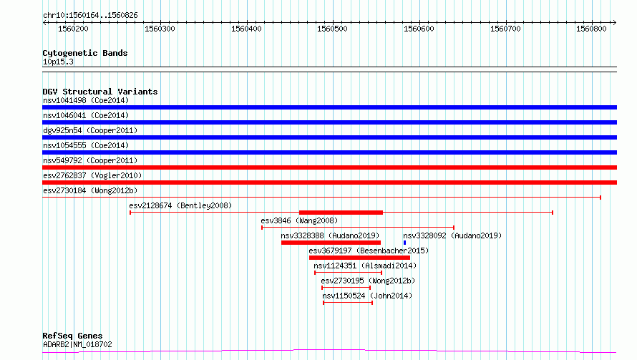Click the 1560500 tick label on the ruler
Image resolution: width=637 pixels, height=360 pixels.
coord(332,29)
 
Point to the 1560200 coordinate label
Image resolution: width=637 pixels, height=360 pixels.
coord(73,29)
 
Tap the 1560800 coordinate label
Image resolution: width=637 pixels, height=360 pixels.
coord(591,29)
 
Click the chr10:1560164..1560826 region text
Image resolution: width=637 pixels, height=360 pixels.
coord(91,16)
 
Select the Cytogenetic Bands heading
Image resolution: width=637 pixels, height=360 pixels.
coord(85,53)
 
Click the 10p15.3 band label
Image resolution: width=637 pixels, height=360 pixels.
coord(58,62)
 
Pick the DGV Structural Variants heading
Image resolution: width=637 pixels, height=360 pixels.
coord(100,92)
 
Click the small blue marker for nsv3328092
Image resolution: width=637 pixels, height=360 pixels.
coord(404,243)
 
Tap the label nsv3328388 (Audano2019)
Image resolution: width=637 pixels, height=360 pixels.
coord(330,235)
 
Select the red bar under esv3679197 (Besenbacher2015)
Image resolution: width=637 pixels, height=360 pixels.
coord(359,258)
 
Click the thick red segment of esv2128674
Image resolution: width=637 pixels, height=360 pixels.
coord(341,213)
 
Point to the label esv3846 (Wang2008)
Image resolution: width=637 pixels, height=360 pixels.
coord(299,220)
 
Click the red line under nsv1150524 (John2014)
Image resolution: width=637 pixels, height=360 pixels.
coord(348,303)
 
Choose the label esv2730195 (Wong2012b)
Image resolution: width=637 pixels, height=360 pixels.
coord(368,281)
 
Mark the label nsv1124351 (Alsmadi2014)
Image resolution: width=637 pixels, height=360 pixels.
coord(365,266)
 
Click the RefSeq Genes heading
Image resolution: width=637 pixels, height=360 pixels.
coord(72,336)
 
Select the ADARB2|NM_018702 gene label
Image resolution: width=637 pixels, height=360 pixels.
coord(77,344)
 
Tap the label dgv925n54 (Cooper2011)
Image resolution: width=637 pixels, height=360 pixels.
coord(90,130)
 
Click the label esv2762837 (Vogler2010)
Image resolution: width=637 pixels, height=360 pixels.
coord(92,175)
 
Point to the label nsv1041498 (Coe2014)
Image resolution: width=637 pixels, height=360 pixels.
coord(86,100)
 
